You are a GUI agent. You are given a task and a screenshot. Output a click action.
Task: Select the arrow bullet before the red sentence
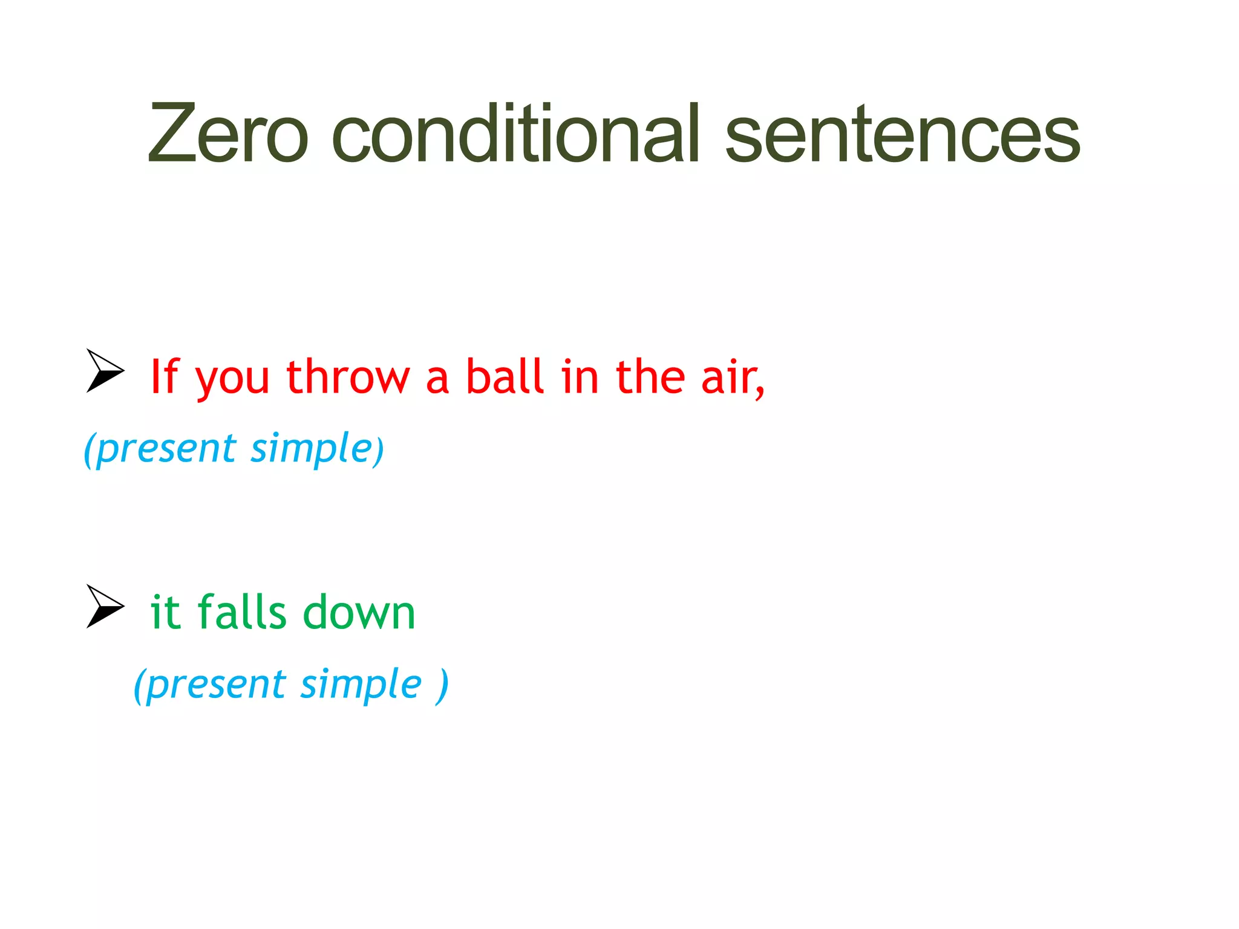[105, 370]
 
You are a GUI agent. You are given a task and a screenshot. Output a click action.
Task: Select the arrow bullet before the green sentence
[105, 606]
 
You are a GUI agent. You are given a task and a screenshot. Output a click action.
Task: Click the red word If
[165, 377]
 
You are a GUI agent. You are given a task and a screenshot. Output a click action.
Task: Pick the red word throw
[348, 377]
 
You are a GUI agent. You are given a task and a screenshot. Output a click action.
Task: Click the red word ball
[505, 377]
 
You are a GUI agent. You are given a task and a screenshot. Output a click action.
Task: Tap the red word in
[580, 377]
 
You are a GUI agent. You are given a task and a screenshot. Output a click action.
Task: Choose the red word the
[650, 377]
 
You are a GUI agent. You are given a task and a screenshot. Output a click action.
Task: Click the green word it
[165, 612]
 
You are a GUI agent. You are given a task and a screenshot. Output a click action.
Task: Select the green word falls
[241, 612]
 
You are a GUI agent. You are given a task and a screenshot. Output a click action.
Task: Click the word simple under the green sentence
[361, 685]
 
